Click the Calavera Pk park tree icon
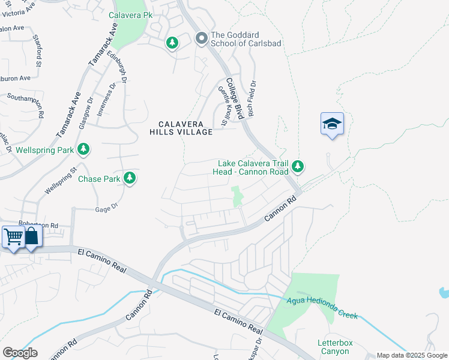click(172, 43)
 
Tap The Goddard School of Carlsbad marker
click(201, 38)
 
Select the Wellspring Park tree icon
click(84, 149)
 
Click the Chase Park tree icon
click(129, 178)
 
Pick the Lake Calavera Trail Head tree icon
click(297, 166)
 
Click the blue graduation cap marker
click(332, 124)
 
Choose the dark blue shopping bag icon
click(31, 238)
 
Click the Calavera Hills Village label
click(181, 128)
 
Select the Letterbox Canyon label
click(333, 347)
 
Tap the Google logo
click(20, 353)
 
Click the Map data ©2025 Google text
click(412, 355)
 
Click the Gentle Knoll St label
click(223, 106)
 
